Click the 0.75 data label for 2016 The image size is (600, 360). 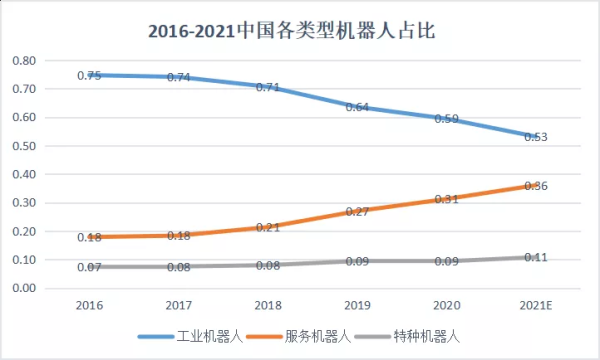pyautogui.click(x=91, y=75)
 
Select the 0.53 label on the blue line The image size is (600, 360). pyautogui.click(x=536, y=137)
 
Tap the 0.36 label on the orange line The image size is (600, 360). pyautogui.click(x=536, y=186)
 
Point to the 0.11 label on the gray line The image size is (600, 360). pyautogui.click(x=536, y=257)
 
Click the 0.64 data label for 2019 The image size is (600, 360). pyautogui.click(x=358, y=106)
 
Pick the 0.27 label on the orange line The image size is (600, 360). pyautogui.click(x=358, y=212)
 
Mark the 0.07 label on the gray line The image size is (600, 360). pyautogui.click(x=91, y=268)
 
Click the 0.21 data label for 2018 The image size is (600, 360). pyautogui.click(x=269, y=227)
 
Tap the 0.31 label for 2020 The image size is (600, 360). pyautogui.click(x=447, y=199)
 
